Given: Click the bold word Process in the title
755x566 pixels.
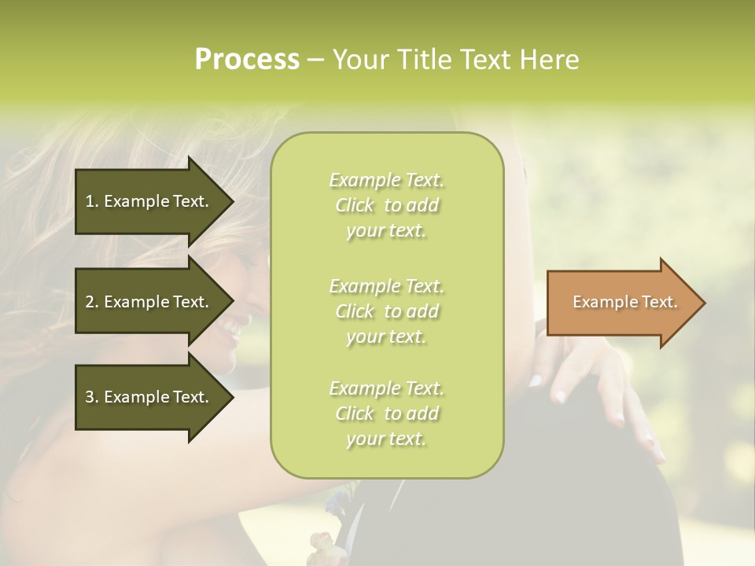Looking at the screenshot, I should pyautogui.click(x=247, y=60).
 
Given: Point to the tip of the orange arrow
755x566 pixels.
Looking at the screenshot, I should pyautogui.click(x=703, y=303).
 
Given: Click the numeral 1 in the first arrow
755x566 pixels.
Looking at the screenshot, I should pyautogui.click(x=90, y=201).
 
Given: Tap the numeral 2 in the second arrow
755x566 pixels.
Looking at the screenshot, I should pyautogui.click(x=90, y=302).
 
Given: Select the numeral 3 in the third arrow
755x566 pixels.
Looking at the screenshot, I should pyautogui.click(x=90, y=397).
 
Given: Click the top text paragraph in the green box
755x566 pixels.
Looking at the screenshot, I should pyautogui.click(x=387, y=205).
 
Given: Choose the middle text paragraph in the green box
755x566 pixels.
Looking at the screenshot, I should pyautogui.click(x=387, y=311).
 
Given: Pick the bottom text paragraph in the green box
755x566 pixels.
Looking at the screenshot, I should pyautogui.click(x=387, y=413).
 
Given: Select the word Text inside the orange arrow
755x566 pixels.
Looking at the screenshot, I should pyautogui.click(x=659, y=302).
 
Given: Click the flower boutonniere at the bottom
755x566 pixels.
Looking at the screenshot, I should pyautogui.click(x=322, y=542).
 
